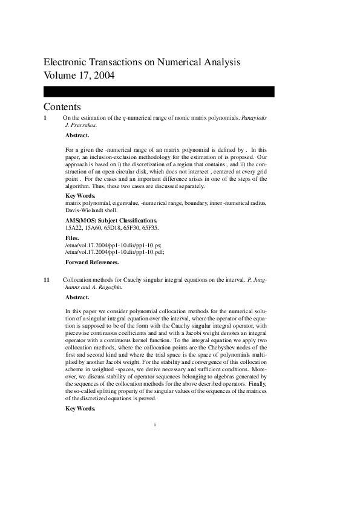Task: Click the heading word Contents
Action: click(x=62, y=107)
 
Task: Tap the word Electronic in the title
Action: click(x=66, y=62)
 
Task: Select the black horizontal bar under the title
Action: click(x=159, y=91)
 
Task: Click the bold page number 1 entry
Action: click(x=45, y=118)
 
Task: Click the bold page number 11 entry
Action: click(x=47, y=280)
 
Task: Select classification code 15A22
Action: click(x=74, y=229)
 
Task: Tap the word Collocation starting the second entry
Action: click(x=78, y=280)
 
